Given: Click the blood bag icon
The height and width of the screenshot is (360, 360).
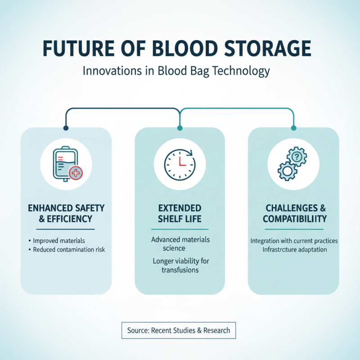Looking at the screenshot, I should coord(64,163).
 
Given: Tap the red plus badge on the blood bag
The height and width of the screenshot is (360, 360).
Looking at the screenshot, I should coord(76,172).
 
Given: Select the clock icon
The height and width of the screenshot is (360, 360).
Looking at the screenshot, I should coord(180,163).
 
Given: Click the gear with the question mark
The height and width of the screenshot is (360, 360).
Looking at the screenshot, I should coord(297,157).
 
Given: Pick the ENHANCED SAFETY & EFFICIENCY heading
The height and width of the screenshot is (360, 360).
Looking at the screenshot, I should coord(66,213).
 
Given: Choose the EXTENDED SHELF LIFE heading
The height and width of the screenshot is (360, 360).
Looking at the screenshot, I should coord(180,213).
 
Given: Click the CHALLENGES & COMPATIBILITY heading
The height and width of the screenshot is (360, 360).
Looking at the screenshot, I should coord(294,213).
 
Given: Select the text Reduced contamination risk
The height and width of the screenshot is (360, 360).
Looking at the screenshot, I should coord(69,249).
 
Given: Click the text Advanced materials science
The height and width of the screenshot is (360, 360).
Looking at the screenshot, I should coord(180,243).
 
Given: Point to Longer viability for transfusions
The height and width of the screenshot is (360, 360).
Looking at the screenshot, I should coord(180,265).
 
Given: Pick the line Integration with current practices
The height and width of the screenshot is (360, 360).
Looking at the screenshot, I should coord(294,241).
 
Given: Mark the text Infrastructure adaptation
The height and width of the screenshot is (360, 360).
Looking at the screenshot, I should coord(294,249).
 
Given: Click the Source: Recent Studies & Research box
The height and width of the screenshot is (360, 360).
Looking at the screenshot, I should coord(179,330).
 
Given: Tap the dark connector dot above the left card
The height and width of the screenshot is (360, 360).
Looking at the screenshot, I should coord(66,128).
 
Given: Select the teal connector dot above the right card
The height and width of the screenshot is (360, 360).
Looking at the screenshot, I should coord(294,128).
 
